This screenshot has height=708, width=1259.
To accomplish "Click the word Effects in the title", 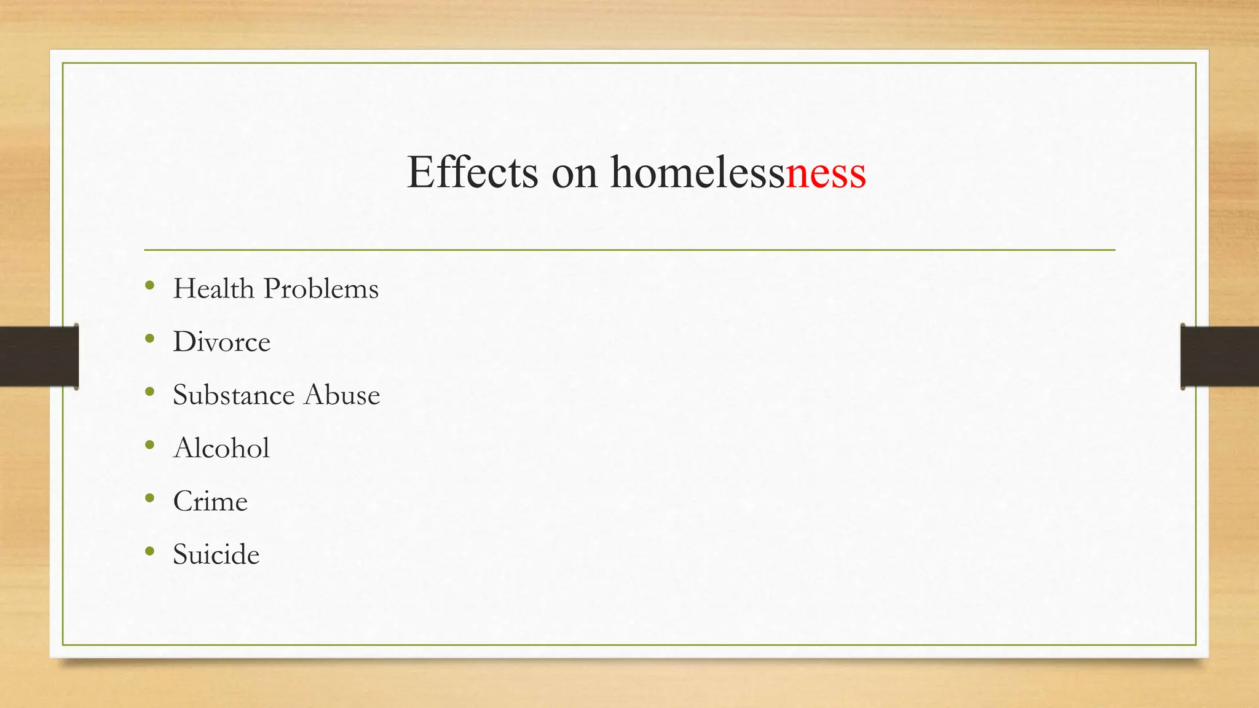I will (x=472, y=172).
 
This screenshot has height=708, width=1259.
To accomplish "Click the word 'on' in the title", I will (x=574, y=173).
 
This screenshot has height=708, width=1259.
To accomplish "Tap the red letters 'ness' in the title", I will (x=826, y=173).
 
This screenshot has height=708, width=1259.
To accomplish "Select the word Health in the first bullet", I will (x=213, y=288).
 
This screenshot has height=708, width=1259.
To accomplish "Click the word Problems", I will (x=320, y=289).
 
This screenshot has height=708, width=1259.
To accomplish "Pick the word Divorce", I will (x=221, y=342).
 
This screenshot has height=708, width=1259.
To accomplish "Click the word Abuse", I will (x=342, y=395).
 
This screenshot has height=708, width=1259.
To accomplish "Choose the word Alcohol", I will (x=221, y=447).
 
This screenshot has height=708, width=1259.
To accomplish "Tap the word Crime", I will (x=210, y=501).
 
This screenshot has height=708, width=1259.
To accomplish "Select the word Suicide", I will (x=216, y=554).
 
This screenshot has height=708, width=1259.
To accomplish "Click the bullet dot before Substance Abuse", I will (x=150, y=391).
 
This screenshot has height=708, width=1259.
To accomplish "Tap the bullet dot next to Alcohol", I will (x=150, y=444).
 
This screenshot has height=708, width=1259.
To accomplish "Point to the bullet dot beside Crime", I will (x=150, y=498).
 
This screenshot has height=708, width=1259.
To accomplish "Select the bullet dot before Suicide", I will (x=150, y=551).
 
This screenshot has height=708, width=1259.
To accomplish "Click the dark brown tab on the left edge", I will (x=38, y=356).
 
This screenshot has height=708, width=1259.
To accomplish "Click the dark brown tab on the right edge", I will (x=1220, y=356).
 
